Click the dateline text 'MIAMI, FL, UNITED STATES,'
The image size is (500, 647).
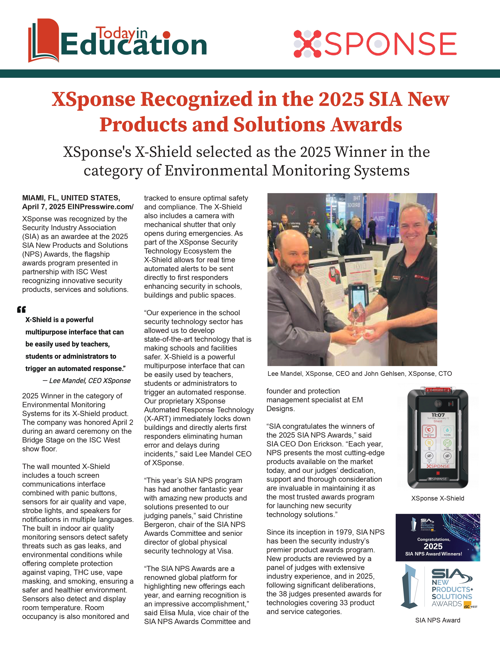[x=71, y=198]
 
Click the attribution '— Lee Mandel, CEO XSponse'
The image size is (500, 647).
[x=86, y=381]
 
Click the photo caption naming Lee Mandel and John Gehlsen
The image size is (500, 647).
[x=360, y=373]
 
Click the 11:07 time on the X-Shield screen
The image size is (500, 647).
[x=438, y=415]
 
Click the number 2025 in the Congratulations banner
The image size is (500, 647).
[x=433, y=546]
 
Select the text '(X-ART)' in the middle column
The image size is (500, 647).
[x=155, y=419]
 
